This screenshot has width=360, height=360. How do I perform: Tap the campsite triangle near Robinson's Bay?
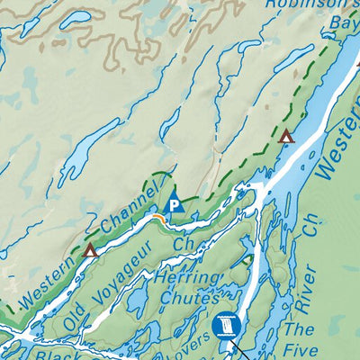[x=286, y=137]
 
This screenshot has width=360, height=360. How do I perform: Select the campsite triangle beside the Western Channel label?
[x=90, y=250]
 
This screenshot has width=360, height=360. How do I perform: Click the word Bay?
[x=344, y=22]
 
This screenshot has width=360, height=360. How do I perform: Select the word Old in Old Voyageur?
[x=77, y=315]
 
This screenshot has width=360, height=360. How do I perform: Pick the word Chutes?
[x=188, y=299]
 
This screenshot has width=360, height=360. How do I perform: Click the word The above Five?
[x=301, y=329]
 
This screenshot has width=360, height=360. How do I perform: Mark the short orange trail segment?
[x=158, y=219]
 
